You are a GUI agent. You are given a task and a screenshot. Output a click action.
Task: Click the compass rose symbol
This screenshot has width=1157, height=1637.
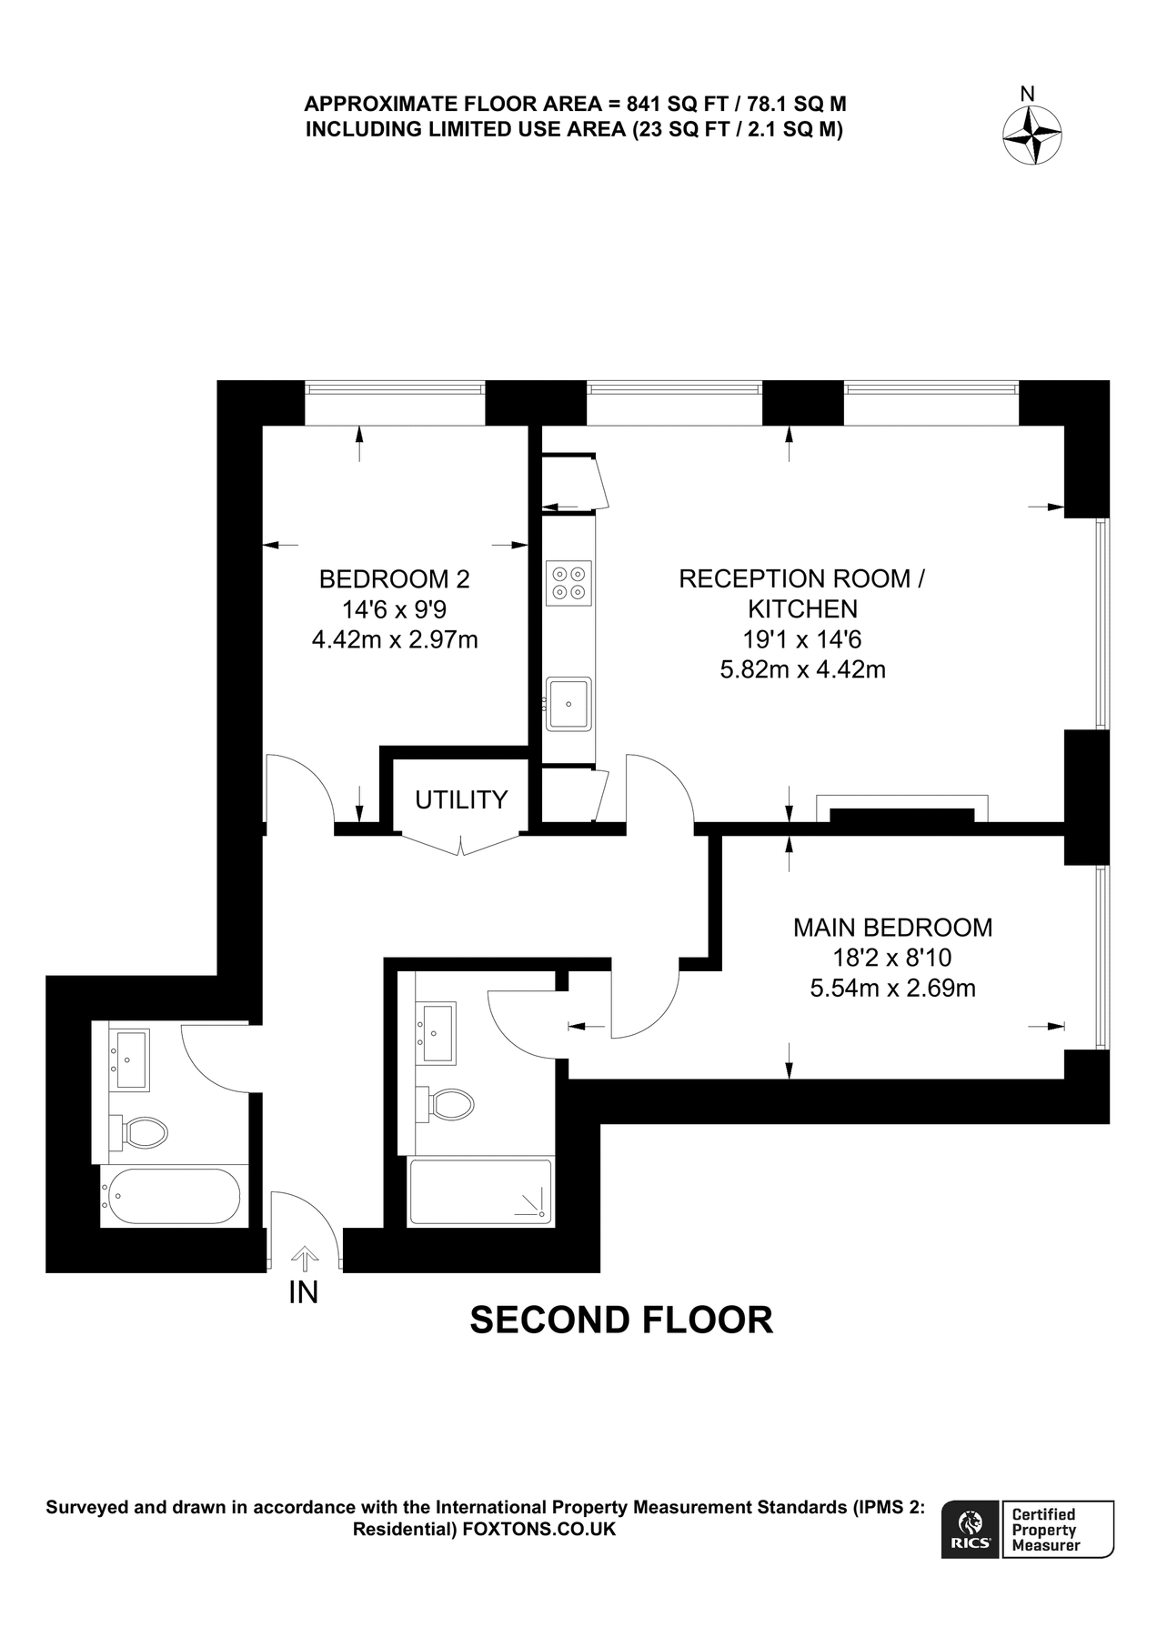pos(1032,136)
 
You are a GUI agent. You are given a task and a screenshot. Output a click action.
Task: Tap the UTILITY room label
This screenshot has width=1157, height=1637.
pos(461,799)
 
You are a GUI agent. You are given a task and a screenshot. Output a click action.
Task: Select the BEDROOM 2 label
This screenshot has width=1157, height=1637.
pos(395,578)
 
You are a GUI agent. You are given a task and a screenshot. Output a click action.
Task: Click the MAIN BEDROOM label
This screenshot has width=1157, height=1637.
pos(892,928)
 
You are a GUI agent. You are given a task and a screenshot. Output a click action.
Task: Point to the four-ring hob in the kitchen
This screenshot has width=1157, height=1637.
pos(568,582)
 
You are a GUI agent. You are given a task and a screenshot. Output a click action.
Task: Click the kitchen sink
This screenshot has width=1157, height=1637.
pos(568,703)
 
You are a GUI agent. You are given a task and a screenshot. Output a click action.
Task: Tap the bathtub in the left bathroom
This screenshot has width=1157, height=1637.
pos(170,1196)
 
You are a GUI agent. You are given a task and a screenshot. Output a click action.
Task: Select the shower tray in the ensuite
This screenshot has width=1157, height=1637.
pos(480,1191)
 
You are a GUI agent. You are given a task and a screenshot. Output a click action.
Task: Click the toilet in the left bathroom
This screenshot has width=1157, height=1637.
pos(144,1132)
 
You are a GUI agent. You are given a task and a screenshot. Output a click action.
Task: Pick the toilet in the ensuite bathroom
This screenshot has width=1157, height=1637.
pos(448,1104)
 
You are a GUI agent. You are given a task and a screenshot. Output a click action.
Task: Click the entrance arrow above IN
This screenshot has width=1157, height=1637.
pos(304,1259)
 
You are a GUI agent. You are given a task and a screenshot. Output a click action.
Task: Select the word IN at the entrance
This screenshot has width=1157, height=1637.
pos(304,1292)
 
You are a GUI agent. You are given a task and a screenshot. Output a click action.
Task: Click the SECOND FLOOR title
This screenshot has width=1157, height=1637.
pos(621,1320)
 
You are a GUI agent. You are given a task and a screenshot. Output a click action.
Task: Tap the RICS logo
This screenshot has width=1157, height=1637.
pos(971,1530)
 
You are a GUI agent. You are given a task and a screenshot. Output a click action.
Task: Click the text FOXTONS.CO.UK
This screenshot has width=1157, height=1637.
pos(539,1530)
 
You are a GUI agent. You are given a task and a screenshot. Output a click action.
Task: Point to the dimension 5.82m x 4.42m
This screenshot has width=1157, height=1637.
pos(802,670)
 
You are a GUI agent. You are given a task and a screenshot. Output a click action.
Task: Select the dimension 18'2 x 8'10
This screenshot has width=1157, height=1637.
pos(892,958)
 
